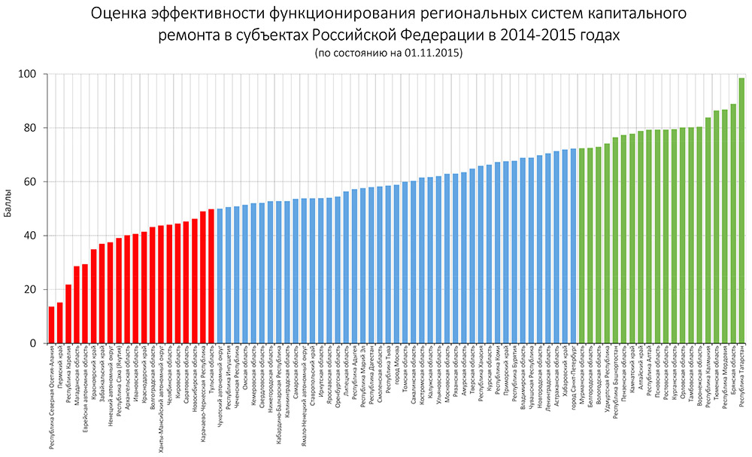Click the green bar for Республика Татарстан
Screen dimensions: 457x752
click(741, 211)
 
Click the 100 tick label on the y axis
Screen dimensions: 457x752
click(29, 74)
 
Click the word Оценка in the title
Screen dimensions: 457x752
click(120, 14)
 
